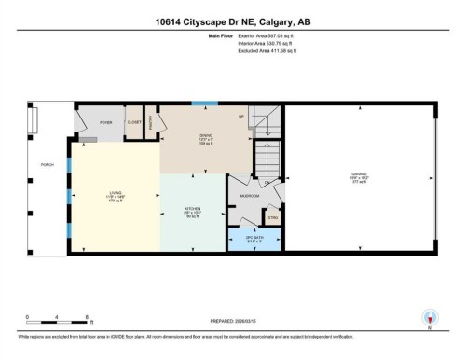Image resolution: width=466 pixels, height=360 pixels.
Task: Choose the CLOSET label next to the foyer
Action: point(133,122)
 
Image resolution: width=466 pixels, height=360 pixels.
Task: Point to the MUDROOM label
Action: point(249,196)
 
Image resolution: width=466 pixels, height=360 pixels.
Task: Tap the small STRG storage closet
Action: point(273,219)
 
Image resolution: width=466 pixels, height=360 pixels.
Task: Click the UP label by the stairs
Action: point(241,117)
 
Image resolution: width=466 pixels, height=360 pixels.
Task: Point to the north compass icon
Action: point(430,317)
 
